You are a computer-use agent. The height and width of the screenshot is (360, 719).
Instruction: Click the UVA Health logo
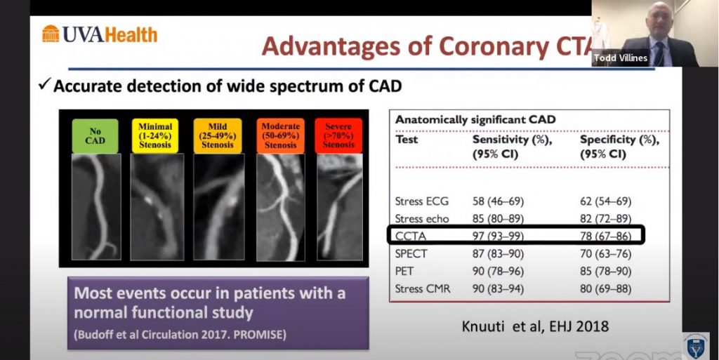100,34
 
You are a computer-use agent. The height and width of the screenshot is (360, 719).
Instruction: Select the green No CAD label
95,136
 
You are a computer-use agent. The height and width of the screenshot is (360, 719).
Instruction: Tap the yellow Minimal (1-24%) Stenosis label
155,136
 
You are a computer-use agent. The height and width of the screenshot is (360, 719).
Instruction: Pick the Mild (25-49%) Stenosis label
218,136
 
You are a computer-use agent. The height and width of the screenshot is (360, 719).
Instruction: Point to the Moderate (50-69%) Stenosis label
280,136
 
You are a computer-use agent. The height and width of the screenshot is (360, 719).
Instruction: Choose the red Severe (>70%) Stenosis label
338,136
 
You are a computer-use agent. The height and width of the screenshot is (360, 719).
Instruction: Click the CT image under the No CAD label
96,206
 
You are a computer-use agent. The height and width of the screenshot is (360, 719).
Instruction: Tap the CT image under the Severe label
339,206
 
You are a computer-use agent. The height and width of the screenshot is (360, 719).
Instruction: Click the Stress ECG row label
422,201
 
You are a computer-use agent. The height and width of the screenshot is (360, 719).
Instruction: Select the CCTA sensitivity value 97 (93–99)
498,236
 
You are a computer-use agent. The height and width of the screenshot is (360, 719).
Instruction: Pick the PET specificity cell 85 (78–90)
605,271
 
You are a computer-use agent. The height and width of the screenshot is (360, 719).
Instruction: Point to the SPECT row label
411,254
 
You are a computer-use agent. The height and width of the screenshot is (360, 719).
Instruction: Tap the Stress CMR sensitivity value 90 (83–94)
498,289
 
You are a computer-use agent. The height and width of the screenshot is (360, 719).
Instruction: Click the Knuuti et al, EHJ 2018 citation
535,326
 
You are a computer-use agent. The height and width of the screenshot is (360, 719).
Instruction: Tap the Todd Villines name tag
621,58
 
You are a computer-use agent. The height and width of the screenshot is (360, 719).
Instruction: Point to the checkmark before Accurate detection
44,85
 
